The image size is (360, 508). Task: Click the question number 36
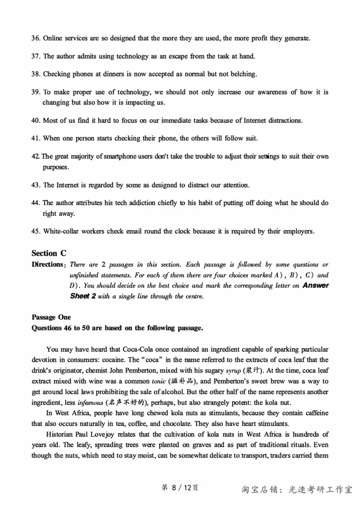pos(36,38)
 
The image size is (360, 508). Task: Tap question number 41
pos(36,138)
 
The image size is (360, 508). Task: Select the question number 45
pos(36,232)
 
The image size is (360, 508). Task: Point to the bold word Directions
pos(47,264)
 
